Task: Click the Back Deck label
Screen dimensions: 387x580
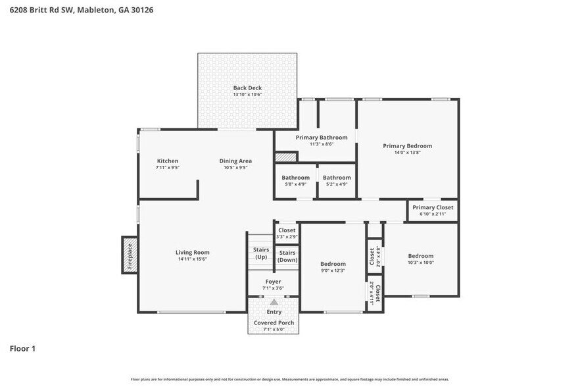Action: [247, 88]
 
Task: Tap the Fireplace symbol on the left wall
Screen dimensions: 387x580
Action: [129, 255]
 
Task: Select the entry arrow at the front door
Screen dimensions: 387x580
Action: [274, 302]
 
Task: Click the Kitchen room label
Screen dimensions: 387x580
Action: [167, 161]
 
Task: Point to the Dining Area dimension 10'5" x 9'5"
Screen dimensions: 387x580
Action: [235, 168]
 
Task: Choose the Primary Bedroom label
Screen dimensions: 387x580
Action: [407, 145]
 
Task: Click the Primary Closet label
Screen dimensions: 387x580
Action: [433, 207]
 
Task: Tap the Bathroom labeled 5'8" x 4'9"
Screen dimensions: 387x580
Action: [295, 178]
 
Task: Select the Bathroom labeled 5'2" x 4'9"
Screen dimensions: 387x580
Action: [337, 178]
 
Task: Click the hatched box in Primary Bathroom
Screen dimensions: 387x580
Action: [286, 158]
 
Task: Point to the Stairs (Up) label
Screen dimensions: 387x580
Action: [260, 253]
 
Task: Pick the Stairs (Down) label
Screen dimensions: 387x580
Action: [287, 256]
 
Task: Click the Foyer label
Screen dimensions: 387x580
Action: [273, 282]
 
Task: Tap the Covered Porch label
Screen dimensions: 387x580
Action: [274, 322]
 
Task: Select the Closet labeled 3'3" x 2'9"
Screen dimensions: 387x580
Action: [287, 230]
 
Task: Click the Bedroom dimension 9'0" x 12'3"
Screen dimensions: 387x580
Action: [333, 271]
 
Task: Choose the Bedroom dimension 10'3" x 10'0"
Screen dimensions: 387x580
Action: [420, 263]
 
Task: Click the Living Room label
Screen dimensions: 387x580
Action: [192, 252]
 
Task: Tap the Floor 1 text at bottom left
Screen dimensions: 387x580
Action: [22, 348]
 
